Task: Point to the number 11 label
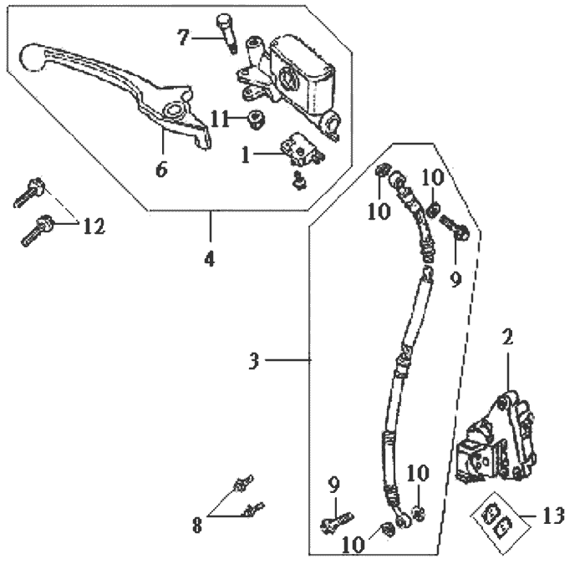[x=219, y=119]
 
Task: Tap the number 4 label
[x=209, y=257]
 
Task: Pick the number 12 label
[x=94, y=225]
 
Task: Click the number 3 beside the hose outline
[x=254, y=361]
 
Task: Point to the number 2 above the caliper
[x=506, y=338]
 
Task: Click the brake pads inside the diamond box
[x=498, y=518]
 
